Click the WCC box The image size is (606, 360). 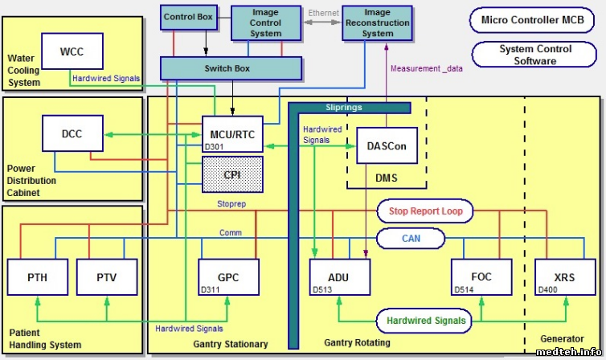pyautogui.click(x=72, y=53)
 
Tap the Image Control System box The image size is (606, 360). pyautogui.click(x=265, y=22)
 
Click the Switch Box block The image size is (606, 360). pyautogui.click(x=227, y=68)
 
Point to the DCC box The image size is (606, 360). pyautogui.click(x=72, y=133)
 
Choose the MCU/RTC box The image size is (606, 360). pyautogui.click(x=231, y=135)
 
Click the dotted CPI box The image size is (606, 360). pyautogui.click(x=231, y=174)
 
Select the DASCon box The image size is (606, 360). pyautogui.click(x=387, y=146)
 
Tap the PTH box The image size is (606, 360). pyautogui.click(x=37, y=276)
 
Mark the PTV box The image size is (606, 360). pyautogui.click(x=107, y=276)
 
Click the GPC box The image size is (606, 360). pyautogui.click(x=228, y=277)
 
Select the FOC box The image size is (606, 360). pyautogui.click(x=481, y=277)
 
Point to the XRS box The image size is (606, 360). pyautogui.click(x=566, y=277)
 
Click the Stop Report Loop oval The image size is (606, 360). pyautogui.click(x=425, y=212)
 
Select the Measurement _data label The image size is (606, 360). pyautogui.click(x=427, y=68)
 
